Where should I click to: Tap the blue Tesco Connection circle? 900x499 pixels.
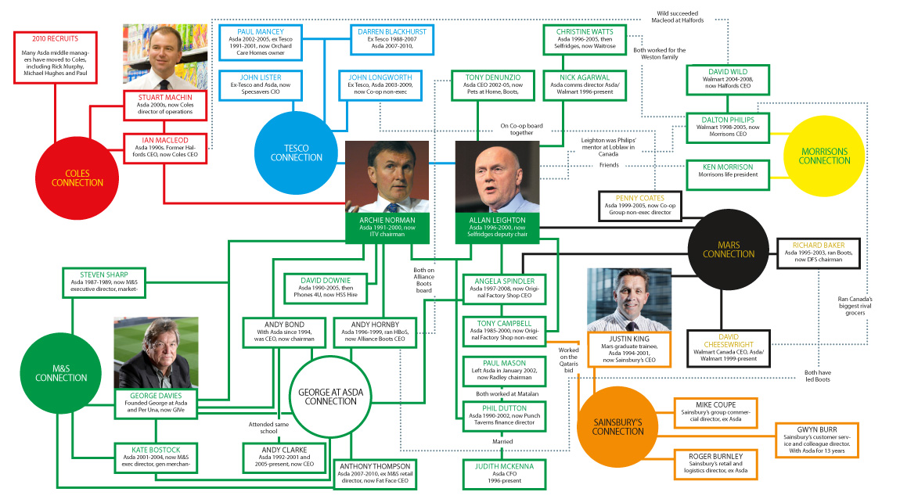(x=297, y=153)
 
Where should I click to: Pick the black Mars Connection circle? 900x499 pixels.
(x=728, y=248)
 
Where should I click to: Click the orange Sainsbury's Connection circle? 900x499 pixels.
(x=617, y=425)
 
